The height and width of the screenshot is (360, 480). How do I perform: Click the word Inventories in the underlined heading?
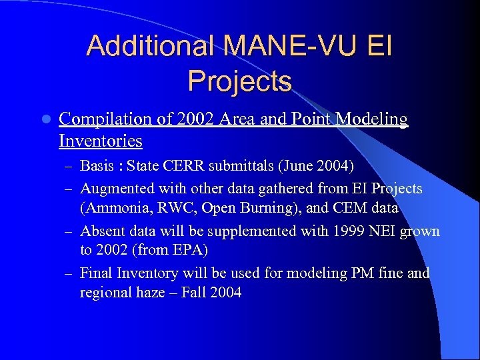(100, 141)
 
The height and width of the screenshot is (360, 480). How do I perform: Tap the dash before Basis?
(69, 166)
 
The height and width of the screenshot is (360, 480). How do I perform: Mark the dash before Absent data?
(69, 232)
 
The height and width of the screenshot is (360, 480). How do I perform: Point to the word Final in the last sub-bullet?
(97, 273)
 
